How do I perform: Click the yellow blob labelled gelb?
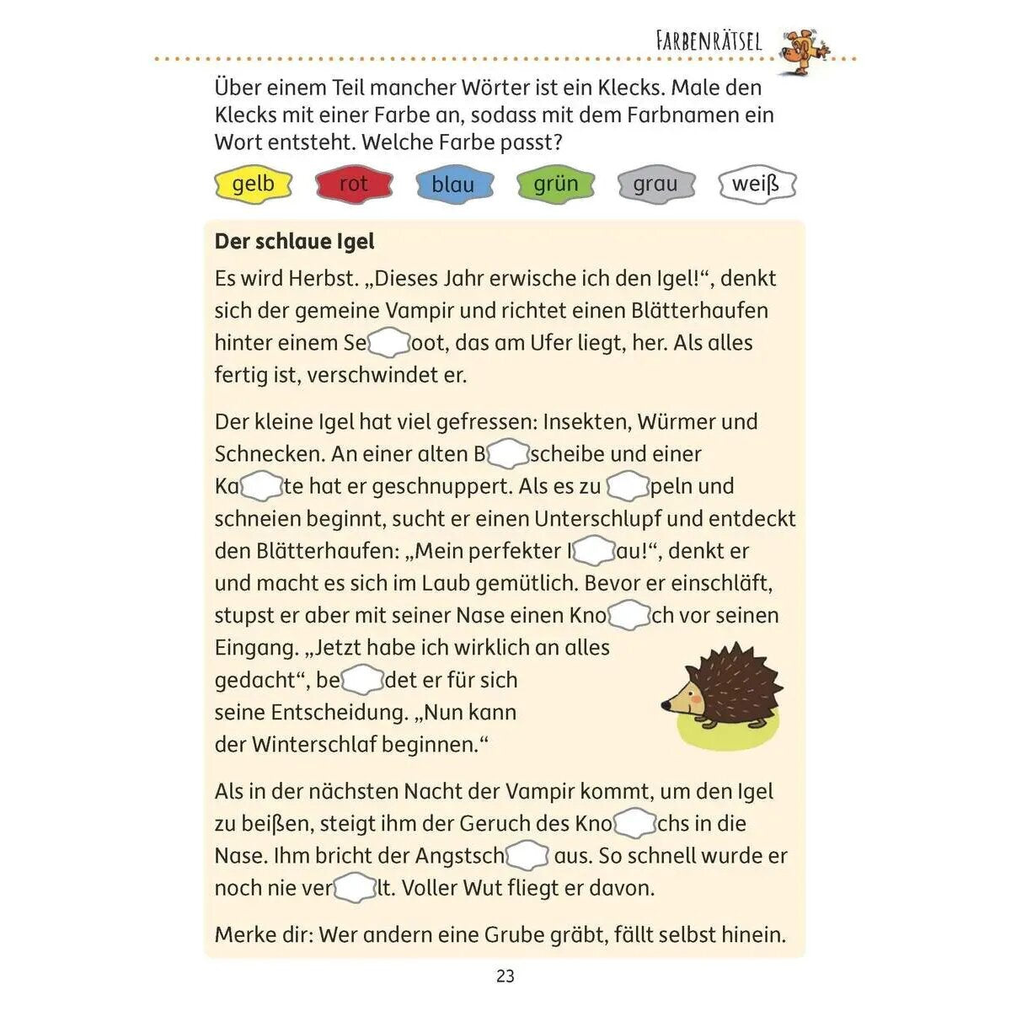click(x=253, y=184)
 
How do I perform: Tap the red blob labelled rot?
click(x=354, y=184)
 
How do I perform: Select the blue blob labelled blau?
click(x=454, y=184)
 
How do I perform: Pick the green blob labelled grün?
click(x=555, y=184)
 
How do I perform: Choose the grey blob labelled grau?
click(x=655, y=184)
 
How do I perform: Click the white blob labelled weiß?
click(x=757, y=184)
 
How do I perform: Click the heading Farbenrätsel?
click(x=708, y=41)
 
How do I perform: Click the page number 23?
click(x=505, y=976)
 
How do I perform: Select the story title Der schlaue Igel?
click(x=294, y=242)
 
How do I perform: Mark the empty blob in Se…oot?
click(x=388, y=343)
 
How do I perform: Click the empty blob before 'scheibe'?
click(x=508, y=454)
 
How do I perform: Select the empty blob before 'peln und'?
click(x=628, y=486)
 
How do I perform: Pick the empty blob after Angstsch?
click(x=527, y=856)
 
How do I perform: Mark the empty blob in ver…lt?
click(x=356, y=888)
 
